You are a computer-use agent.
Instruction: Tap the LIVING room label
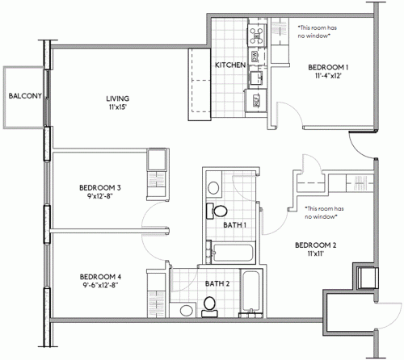[x=117, y=99]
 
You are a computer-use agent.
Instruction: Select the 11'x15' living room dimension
[x=117, y=109]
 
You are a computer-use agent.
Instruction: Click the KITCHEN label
[x=229, y=65]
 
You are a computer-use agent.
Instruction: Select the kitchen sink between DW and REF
[x=256, y=77]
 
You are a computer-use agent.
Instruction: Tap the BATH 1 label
[x=234, y=224]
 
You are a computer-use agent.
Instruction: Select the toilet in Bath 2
[x=210, y=304]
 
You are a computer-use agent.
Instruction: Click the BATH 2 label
[x=217, y=283]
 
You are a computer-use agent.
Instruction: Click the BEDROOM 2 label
[x=315, y=245]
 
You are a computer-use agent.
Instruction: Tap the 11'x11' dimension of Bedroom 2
[x=315, y=254]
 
